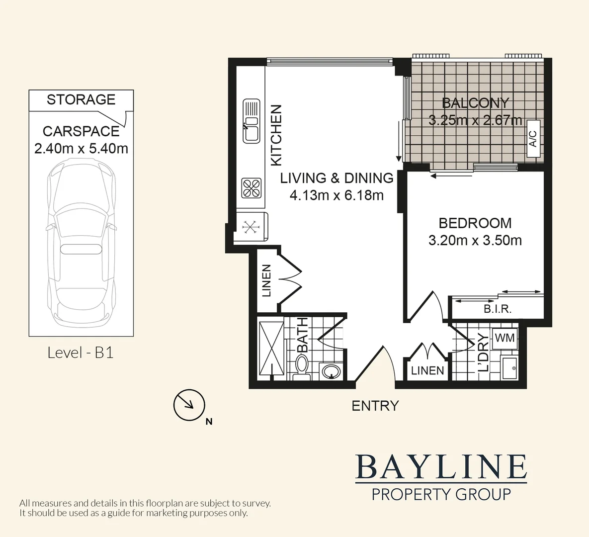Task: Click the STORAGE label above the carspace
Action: pyautogui.click(x=81, y=99)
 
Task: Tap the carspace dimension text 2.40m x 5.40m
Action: pyautogui.click(x=81, y=148)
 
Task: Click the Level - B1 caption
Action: pyautogui.click(x=81, y=353)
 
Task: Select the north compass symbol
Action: pyautogui.click(x=189, y=405)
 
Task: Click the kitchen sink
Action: pyautogui.click(x=252, y=121)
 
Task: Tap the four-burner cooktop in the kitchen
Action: pyautogui.click(x=252, y=188)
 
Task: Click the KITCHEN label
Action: pyautogui.click(x=276, y=135)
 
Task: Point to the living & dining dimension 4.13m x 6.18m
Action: pyautogui.click(x=337, y=195)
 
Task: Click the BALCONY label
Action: pyautogui.click(x=475, y=103)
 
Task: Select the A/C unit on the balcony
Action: pyautogui.click(x=533, y=139)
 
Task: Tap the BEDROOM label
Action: pyautogui.click(x=475, y=223)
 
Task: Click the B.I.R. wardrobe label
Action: pyautogui.click(x=498, y=309)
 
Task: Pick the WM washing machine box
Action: pyautogui.click(x=505, y=338)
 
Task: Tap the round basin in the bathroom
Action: pyautogui.click(x=331, y=371)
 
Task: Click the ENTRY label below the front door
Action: pyautogui.click(x=375, y=406)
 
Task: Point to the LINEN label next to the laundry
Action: pyautogui.click(x=427, y=370)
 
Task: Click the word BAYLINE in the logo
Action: pyautogui.click(x=441, y=467)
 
